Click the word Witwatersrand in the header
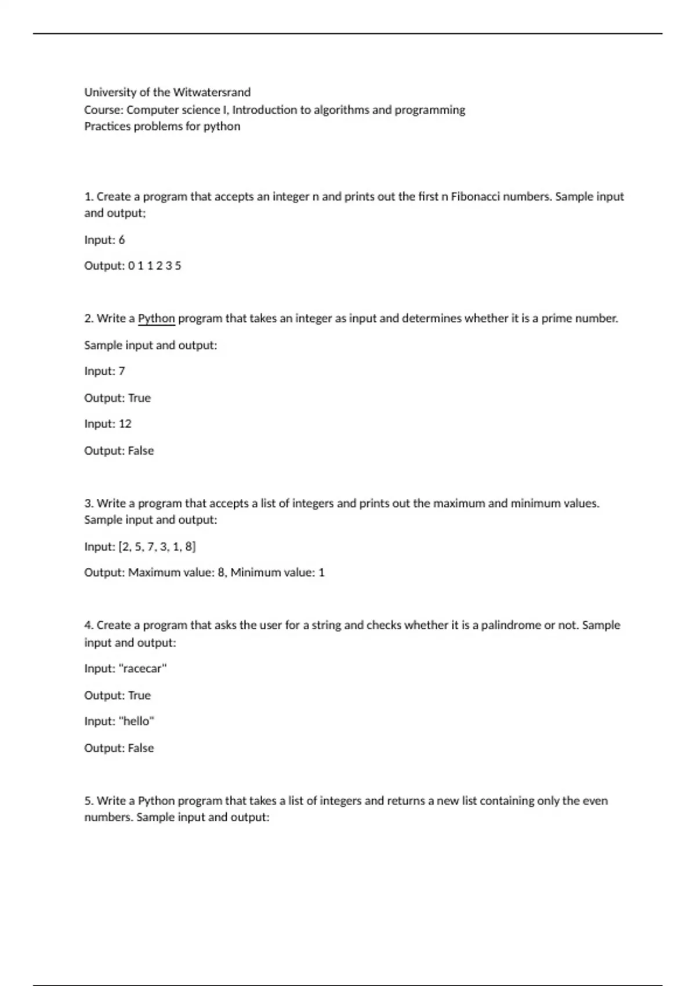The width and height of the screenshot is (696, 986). pos(212,92)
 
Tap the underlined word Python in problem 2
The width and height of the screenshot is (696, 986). pos(156,318)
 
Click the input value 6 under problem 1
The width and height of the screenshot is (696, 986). pos(122,240)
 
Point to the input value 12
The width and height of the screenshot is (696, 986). pos(125,424)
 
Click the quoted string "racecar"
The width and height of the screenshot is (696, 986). pos(143,669)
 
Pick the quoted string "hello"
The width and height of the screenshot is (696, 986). pos(136,722)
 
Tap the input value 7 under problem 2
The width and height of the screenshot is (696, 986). pos(122,371)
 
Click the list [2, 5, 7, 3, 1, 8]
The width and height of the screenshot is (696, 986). pos(157,547)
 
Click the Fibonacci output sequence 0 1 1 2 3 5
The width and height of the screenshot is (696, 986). pos(154,266)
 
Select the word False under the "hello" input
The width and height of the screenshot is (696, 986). pos(141,748)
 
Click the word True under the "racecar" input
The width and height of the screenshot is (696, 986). pos(139,695)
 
